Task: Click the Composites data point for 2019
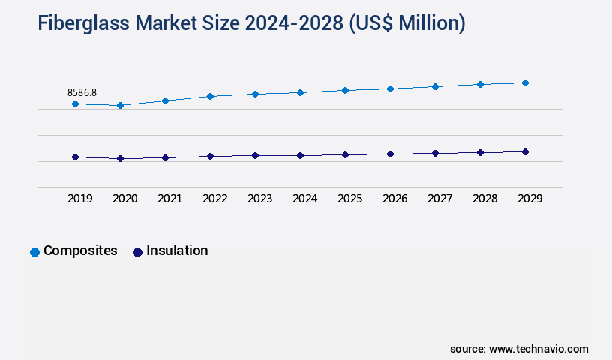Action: point(75,103)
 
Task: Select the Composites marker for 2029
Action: point(525,82)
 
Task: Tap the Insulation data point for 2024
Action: point(300,155)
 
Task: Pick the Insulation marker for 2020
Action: point(120,158)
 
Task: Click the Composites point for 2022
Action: point(210,96)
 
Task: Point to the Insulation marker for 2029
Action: point(525,151)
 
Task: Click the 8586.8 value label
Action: point(82,92)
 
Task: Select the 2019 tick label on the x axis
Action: point(80,199)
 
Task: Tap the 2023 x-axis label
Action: point(260,199)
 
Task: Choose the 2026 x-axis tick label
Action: point(395,199)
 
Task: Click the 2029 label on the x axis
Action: point(530,199)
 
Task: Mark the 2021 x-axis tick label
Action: point(170,199)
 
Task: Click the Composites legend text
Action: point(80,250)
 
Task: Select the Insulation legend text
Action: point(177,250)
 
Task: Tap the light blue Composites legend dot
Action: point(34,252)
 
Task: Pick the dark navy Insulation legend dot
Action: point(137,252)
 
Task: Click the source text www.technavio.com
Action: point(538,349)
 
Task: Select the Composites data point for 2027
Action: point(435,86)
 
